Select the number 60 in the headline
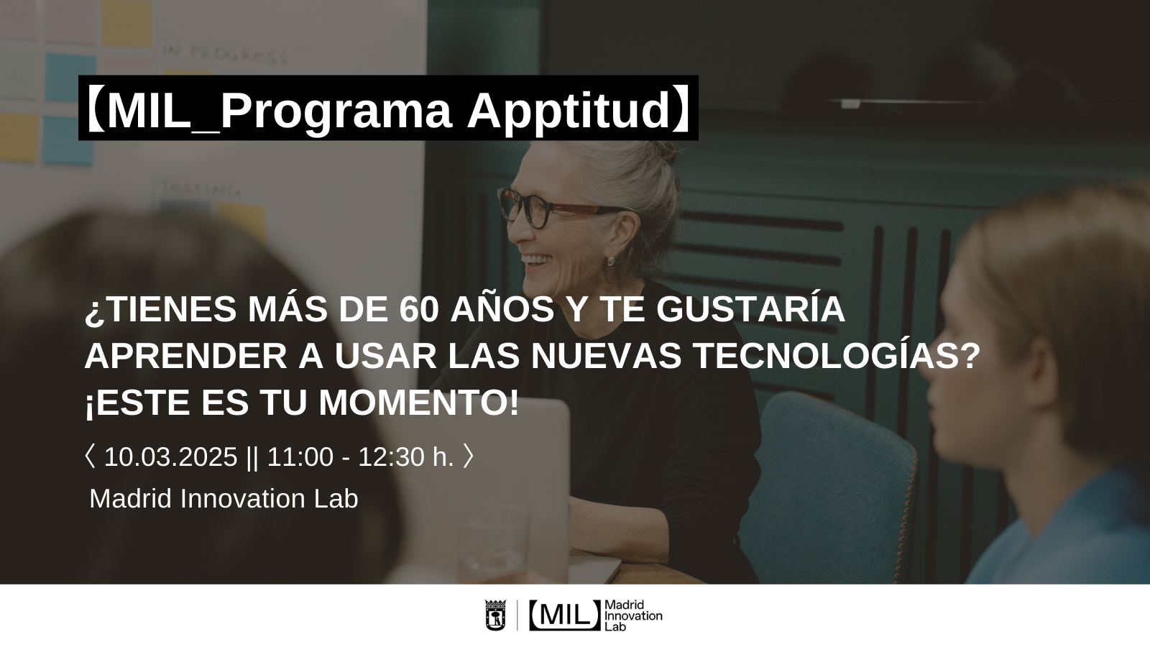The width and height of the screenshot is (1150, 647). tap(419, 309)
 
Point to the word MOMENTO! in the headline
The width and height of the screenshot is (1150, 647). tap(419, 403)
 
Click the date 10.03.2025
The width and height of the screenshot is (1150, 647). tap(170, 456)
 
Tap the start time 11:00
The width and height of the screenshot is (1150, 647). tap(300, 456)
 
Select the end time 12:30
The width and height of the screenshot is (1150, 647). tap(391, 456)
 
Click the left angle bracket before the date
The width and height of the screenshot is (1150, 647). tap(90, 456)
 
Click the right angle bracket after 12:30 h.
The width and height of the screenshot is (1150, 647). tap(468, 456)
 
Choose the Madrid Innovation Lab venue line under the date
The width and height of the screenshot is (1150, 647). tap(224, 499)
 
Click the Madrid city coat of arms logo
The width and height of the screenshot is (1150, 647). tap(495, 615)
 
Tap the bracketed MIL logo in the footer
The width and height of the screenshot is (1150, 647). tap(565, 615)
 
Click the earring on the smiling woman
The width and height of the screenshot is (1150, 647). tap(612, 262)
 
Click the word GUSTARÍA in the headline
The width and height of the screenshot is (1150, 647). tap(750, 309)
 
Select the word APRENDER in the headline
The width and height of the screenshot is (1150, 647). tap(186, 357)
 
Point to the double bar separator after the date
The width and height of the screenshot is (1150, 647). tap(252, 457)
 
